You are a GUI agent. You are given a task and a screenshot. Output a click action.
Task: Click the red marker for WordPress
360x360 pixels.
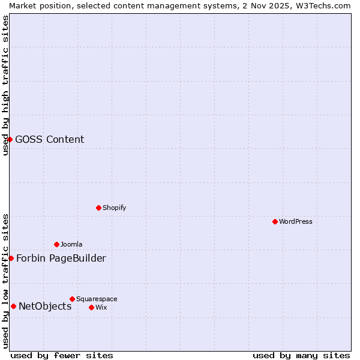click(275, 221)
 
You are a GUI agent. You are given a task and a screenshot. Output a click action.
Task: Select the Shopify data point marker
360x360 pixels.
click(98, 208)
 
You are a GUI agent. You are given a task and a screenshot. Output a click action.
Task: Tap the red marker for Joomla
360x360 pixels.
click(56, 244)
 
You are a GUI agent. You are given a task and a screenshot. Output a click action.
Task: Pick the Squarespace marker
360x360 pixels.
click(72, 299)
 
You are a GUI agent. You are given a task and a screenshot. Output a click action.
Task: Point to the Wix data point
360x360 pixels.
click(91, 307)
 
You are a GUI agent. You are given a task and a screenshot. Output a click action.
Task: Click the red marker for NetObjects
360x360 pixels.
click(13, 306)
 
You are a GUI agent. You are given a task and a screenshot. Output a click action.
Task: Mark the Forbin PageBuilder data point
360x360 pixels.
click(11, 258)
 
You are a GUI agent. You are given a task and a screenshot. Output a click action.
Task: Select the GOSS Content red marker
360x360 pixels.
click(10, 139)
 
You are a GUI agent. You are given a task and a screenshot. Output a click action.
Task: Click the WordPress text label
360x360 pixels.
click(295, 221)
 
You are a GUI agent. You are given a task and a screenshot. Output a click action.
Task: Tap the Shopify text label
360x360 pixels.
click(114, 208)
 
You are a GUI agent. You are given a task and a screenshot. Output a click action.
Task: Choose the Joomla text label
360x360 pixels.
click(71, 244)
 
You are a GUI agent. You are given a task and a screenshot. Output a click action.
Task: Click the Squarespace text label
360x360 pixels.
click(97, 299)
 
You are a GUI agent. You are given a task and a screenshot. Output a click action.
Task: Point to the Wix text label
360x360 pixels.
click(101, 307)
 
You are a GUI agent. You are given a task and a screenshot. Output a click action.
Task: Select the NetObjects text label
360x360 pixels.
click(45, 307)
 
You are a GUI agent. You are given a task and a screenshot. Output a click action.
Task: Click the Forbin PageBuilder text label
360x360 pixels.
click(61, 259)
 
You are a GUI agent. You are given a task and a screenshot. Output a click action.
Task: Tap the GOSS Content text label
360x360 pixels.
click(50, 140)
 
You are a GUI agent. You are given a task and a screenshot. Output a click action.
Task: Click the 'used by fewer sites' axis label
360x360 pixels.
click(62, 355)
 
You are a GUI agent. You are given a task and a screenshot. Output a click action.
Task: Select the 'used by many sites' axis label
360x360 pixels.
click(301, 355)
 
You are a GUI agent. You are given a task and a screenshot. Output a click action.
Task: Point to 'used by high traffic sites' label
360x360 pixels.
click(5, 85)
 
